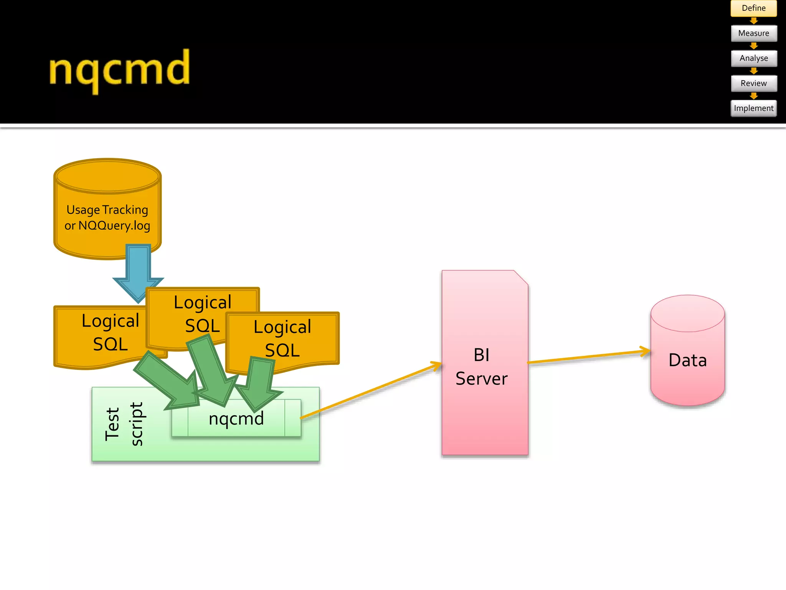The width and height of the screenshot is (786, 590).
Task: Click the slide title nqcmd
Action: click(119, 70)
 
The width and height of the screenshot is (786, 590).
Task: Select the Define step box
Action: click(753, 8)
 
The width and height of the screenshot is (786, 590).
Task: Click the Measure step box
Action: click(753, 33)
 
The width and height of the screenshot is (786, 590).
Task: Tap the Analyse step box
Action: click(753, 58)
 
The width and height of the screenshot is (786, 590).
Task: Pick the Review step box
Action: click(753, 83)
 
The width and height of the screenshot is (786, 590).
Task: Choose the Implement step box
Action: click(753, 108)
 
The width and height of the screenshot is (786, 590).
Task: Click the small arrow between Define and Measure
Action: click(754, 21)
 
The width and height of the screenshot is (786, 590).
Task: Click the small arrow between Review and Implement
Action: click(754, 96)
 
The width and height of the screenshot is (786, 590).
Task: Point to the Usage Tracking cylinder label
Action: click(107, 217)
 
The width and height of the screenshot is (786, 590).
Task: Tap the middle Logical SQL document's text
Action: click(202, 313)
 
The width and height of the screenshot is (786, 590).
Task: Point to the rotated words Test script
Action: click(124, 424)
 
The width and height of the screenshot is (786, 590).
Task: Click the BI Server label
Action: click(481, 367)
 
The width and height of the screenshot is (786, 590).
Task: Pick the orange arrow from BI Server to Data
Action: click(587, 356)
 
